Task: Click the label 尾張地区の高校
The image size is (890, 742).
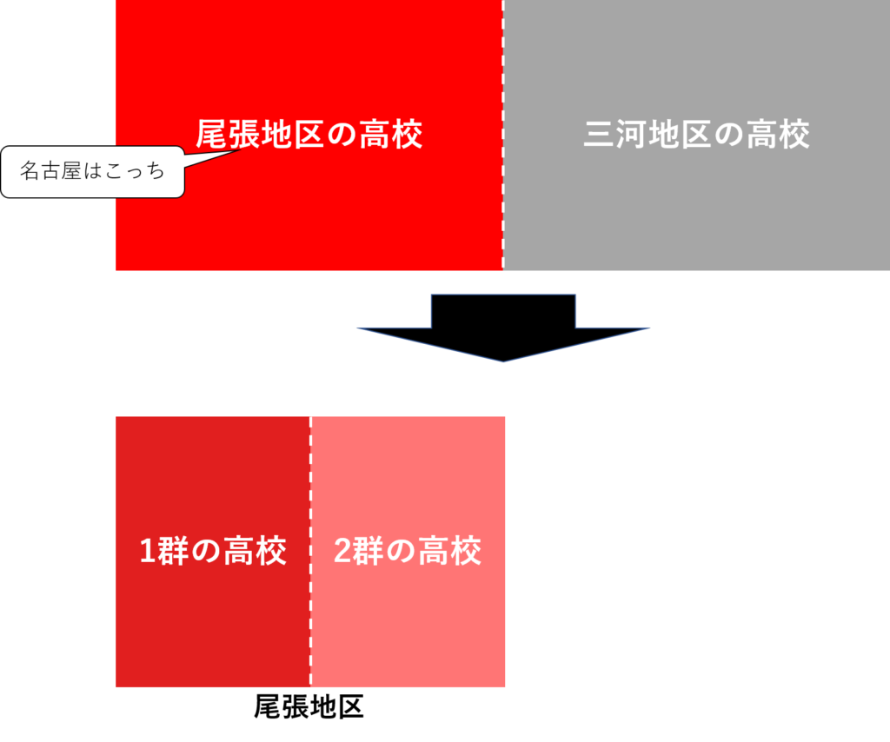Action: click(309, 135)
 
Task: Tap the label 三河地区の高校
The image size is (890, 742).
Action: click(696, 135)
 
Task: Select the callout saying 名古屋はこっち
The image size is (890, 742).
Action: click(93, 172)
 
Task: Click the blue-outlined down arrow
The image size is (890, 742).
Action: click(503, 325)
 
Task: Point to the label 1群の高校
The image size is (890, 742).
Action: click(213, 551)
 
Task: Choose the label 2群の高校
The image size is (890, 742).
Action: click(408, 551)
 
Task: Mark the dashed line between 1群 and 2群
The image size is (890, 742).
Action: click(310, 608)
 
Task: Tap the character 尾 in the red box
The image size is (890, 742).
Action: click(210, 135)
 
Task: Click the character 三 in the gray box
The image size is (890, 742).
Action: click(598, 135)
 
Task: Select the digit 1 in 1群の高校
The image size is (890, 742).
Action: click(148, 552)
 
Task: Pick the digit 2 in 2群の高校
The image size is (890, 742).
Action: click(342, 552)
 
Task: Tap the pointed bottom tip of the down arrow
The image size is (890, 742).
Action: click(503, 361)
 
